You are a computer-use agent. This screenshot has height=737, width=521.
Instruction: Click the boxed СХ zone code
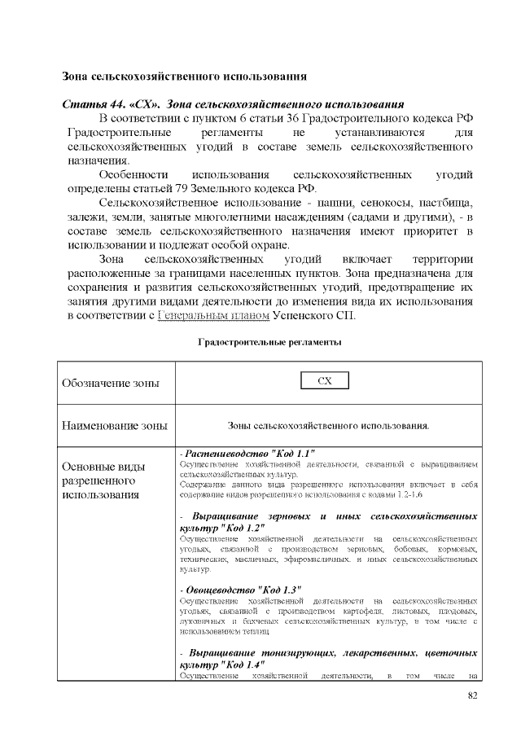[325, 381]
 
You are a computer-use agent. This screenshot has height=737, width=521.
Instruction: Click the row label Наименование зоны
[115, 425]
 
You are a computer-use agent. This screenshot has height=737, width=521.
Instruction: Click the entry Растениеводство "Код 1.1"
[249, 453]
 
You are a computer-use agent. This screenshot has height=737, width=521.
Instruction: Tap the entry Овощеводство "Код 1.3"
[243, 589]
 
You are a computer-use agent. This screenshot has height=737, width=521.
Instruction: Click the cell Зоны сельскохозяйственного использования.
[328, 425]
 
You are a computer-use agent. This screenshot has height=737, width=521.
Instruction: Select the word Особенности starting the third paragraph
[133, 175]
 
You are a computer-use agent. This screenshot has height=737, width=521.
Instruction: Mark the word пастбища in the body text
[444, 203]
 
